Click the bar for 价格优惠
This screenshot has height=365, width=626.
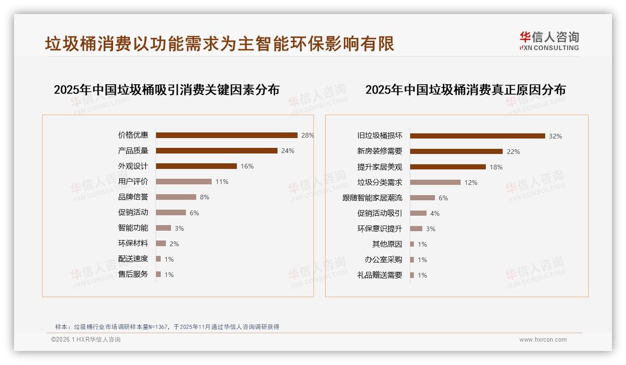227,135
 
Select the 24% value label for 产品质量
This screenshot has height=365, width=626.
287,151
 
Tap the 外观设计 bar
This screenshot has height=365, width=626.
196,166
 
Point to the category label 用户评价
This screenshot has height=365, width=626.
133,182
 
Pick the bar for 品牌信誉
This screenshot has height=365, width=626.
176,197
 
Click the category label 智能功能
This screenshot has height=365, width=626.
133,228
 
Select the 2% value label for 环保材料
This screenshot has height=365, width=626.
174,244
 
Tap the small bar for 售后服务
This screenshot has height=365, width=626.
158,274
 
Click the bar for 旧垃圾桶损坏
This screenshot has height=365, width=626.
477,136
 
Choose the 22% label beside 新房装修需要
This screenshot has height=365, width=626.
513,152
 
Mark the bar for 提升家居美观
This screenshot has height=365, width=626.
448,167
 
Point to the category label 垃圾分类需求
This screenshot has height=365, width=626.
380,182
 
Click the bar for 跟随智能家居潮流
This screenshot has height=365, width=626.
422,198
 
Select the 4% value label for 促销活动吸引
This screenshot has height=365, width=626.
434,213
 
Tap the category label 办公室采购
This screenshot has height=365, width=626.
384,260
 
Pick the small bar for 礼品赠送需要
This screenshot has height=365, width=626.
412,275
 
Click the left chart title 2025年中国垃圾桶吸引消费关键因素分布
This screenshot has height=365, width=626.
166,90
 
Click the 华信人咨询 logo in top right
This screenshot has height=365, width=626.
549,41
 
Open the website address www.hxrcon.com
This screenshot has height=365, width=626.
543,340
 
